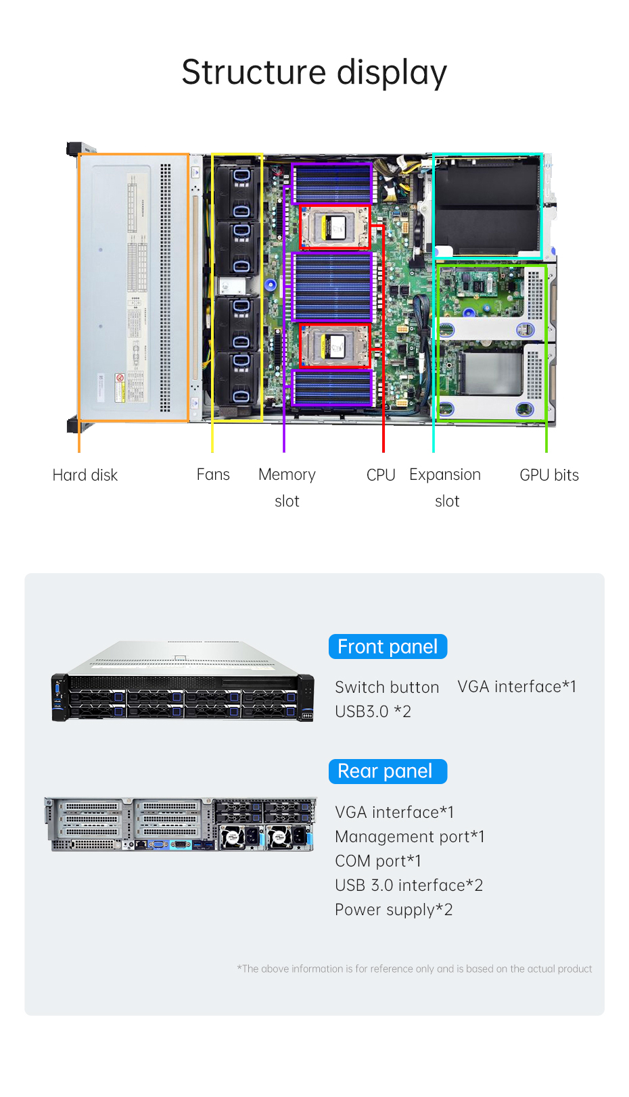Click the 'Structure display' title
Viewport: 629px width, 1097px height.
click(314, 72)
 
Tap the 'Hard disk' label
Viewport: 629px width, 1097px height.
click(85, 475)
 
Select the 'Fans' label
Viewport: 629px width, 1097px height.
click(213, 474)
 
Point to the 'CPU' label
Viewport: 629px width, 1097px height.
click(381, 475)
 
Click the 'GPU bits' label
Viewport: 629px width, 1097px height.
click(549, 475)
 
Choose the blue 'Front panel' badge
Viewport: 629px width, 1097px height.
click(388, 647)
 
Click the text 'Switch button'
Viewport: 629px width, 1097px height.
click(387, 687)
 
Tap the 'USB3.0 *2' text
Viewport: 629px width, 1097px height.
click(373, 712)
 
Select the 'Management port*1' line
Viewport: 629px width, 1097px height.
click(410, 837)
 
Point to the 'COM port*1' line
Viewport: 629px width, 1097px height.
click(378, 861)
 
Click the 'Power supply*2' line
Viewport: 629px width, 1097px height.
click(394, 910)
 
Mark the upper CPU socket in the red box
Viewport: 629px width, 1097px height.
click(335, 227)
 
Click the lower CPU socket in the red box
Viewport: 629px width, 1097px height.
click(335, 346)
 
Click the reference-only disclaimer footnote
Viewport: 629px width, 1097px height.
click(414, 969)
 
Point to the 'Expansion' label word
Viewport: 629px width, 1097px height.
click(445, 474)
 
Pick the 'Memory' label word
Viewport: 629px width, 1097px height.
click(287, 474)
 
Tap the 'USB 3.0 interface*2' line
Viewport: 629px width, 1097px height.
click(409, 885)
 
